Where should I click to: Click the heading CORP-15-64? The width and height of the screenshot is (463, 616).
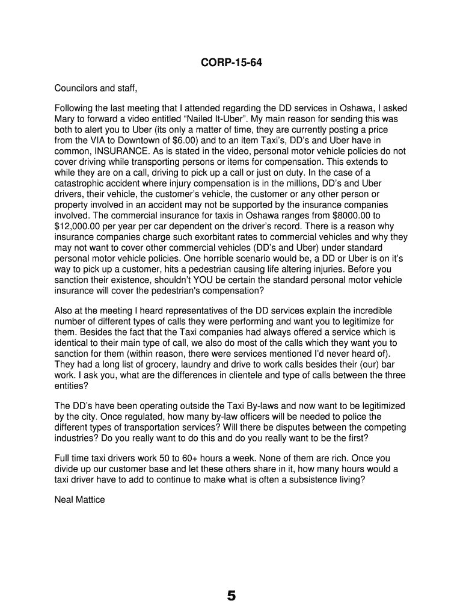tap(231, 63)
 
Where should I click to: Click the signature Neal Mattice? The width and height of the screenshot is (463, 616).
tap(79, 499)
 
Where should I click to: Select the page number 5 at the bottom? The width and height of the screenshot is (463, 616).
tap(231, 596)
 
